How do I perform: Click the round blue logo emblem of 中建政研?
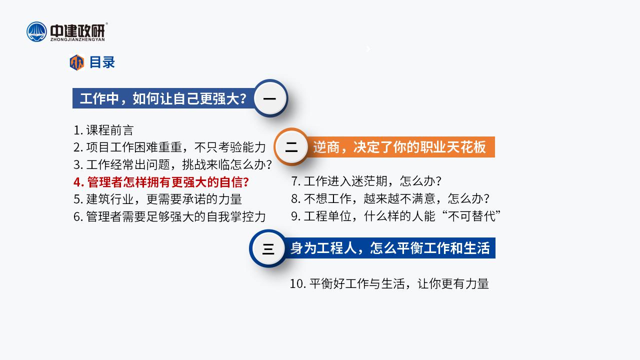(x=36, y=31)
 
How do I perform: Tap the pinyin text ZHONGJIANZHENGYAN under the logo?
(x=77, y=39)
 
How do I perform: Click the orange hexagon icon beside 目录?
(x=77, y=62)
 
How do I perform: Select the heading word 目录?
(x=102, y=62)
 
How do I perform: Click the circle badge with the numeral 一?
(x=270, y=98)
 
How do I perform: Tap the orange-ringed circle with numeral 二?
(x=291, y=147)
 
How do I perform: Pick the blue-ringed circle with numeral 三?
(x=268, y=248)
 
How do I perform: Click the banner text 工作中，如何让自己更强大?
(x=163, y=98)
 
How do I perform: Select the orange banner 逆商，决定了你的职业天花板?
(x=399, y=147)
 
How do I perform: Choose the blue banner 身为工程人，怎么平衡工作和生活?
(x=390, y=248)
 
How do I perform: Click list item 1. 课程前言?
(x=103, y=130)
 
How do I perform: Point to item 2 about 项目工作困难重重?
(x=169, y=147)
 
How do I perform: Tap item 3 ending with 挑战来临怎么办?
(x=172, y=164)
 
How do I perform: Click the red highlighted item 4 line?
(x=161, y=182)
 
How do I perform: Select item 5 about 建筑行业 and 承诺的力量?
(x=157, y=199)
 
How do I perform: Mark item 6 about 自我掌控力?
(x=169, y=216)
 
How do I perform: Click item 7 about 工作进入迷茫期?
(x=366, y=181)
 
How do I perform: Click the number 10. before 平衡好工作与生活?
(x=298, y=284)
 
